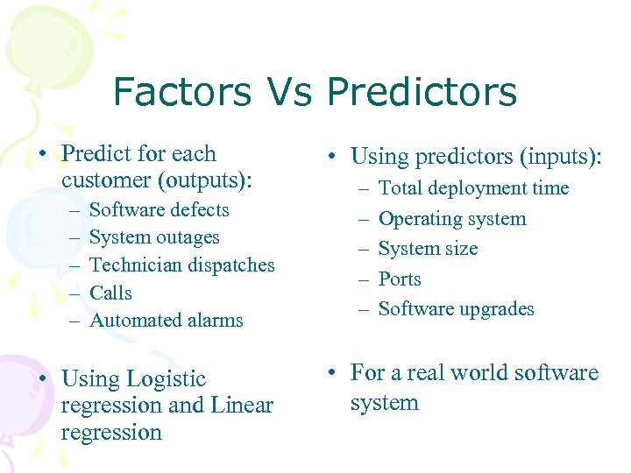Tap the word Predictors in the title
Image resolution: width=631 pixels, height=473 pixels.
tap(422, 91)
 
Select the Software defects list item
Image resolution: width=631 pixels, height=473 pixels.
tap(159, 210)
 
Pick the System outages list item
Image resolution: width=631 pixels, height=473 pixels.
tap(154, 237)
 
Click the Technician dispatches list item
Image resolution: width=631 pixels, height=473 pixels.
tap(181, 265)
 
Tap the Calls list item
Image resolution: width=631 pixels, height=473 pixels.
tap(110, 293)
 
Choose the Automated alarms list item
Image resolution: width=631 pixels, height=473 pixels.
tap(166, 321)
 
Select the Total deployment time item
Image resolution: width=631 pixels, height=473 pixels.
tap(473, 188)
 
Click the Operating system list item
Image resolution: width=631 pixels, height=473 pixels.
tap(451, 219)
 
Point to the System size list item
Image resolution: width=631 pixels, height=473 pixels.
tap(428, 249)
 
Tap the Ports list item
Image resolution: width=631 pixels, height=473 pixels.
tap(400, 279)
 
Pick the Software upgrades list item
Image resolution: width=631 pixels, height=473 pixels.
tap(456, 309)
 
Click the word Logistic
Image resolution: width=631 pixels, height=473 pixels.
tap(166, 379)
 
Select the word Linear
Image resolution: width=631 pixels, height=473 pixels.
tap(242, 406)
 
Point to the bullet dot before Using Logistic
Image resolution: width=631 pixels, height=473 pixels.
tap(42, 379)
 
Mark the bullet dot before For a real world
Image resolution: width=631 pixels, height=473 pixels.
tap(331, 373)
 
